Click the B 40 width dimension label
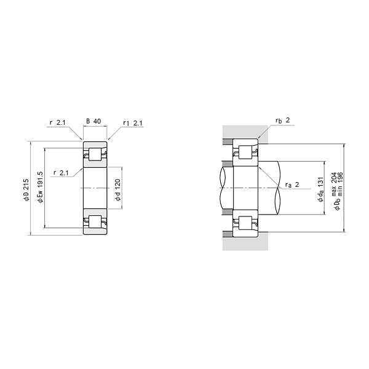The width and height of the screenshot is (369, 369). click(94, 122)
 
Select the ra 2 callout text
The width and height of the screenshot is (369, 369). click(292, 184)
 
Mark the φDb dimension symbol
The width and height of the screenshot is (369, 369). click(336, 202)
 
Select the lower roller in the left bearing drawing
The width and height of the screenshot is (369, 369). click(95, 222)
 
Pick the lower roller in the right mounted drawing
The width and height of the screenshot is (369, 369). click(245, 224)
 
